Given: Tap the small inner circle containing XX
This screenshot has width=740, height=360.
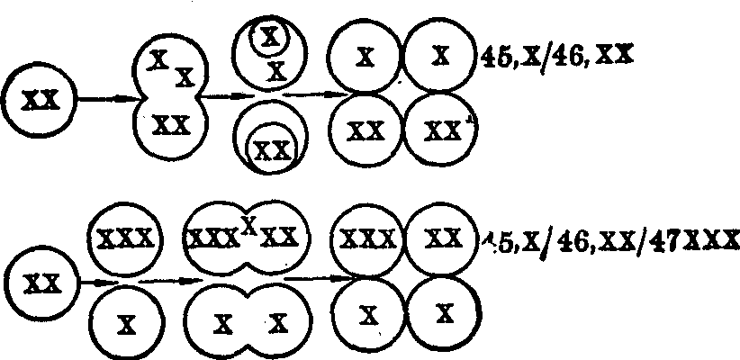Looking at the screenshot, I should click(272, 148).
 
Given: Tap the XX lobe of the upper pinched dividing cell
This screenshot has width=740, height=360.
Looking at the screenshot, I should click(171, 126).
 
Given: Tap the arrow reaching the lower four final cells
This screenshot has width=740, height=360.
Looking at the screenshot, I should click(311, 279).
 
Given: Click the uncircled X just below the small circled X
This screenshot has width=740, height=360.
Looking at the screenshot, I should click(277, 68).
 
